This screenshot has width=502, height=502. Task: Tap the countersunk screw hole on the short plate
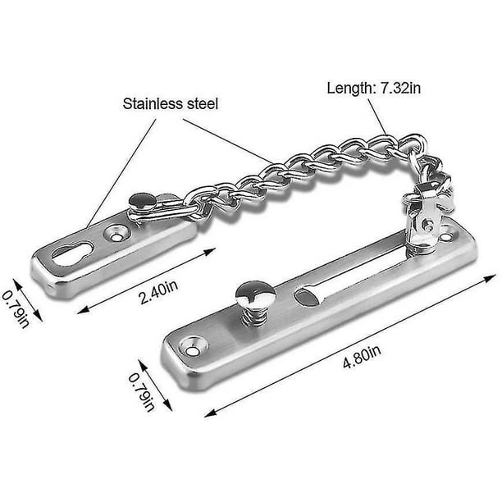pyautogui.click(x=113, y=235)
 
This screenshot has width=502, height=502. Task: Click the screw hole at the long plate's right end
pyautogui.click(x=445, y=235)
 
